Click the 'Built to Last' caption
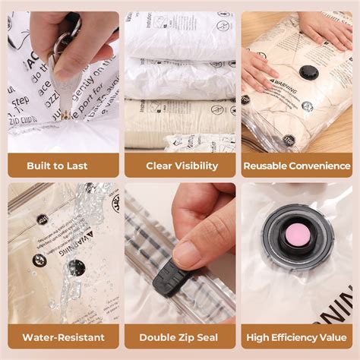click(x=57, y=166)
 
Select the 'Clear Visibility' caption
click(x=182, y=166)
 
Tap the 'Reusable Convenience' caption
click(x=297, y=166)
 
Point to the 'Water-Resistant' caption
click(x=63, y=336)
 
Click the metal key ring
click(x=71, y=30)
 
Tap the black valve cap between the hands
click(x=308, y=73)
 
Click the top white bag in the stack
click(x=179, y=35)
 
